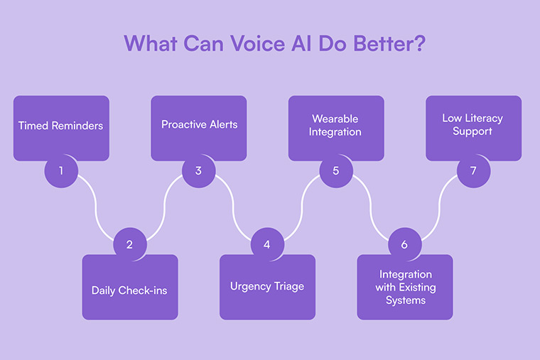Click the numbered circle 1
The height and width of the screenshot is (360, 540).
click(61, 170)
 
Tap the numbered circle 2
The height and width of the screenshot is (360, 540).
click(129, 244)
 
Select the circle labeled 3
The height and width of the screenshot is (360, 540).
click(198, 170)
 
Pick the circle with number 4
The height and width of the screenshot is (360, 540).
click(267, 244)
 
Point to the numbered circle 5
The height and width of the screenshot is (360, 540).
click(335, 170)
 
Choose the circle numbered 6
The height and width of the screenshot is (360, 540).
click(404, 244)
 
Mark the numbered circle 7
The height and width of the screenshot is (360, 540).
click(473, 170)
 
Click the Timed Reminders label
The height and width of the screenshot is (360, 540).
click(61, 126)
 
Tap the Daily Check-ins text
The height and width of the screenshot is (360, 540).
click(129, 290)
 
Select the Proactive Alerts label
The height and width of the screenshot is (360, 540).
click(199, 124)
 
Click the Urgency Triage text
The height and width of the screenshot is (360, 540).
click(267, 286)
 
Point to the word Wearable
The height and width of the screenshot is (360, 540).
click(335, 119)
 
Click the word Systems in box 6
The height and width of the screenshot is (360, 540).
click(405, 300)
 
